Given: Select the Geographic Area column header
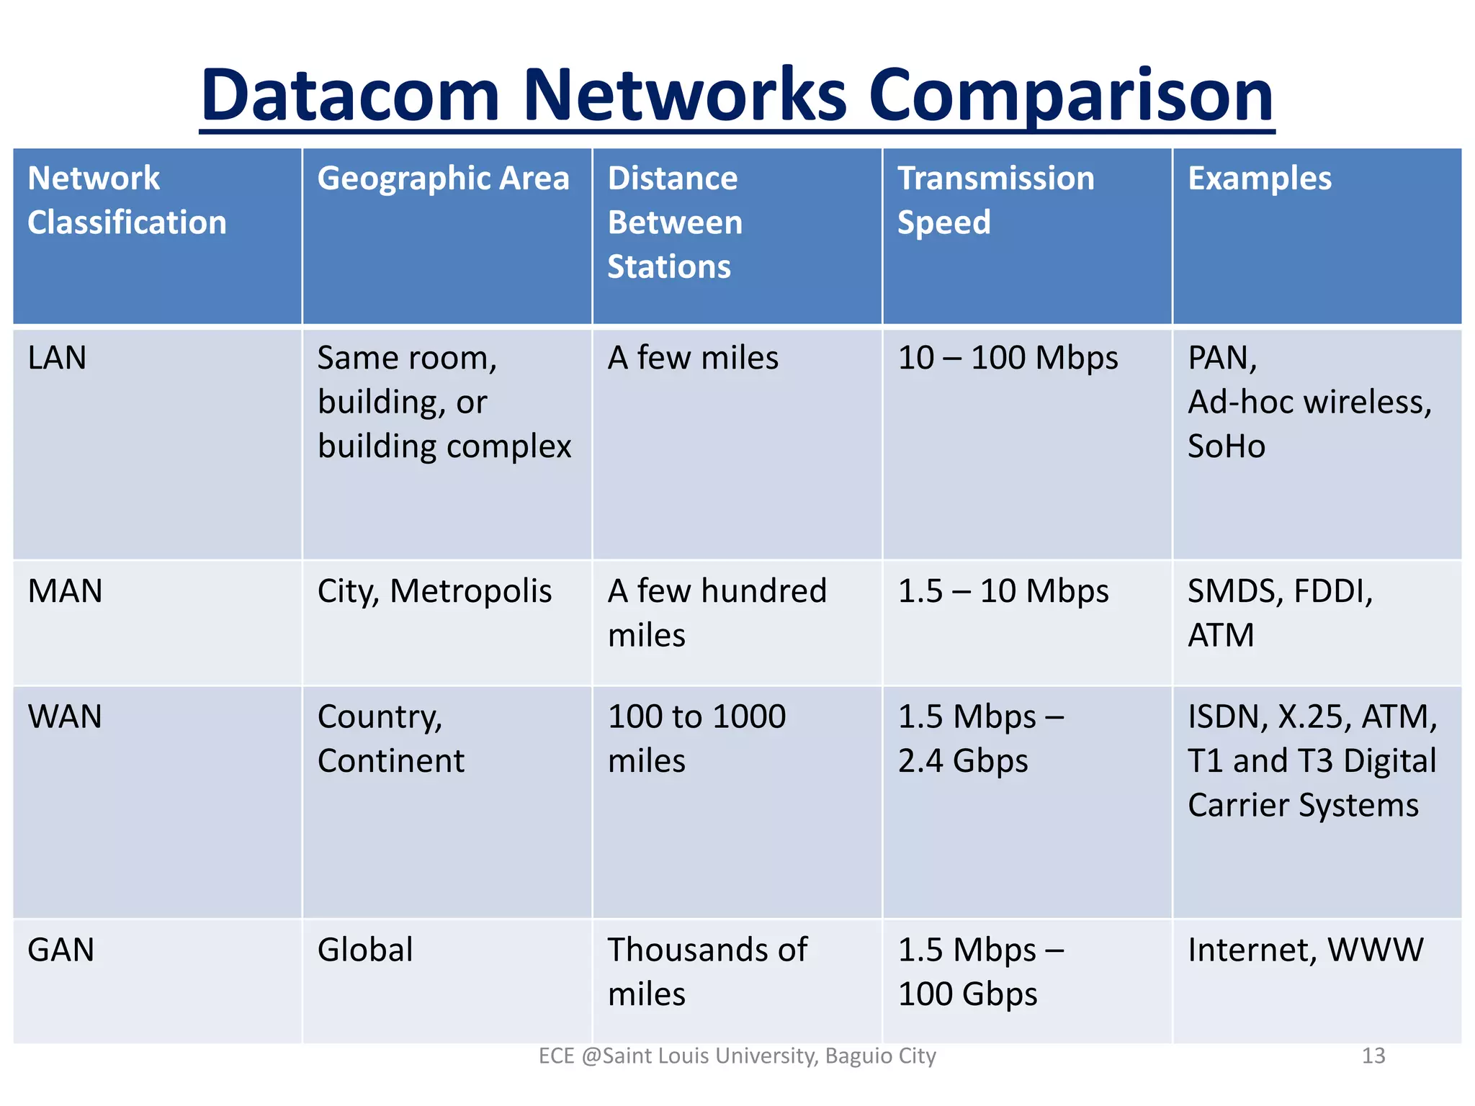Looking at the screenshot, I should tap(443, 179).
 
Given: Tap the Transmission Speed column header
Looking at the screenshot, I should tap(995, 200).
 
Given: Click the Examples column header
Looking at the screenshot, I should tap(1259, 179).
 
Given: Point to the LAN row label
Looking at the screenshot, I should tap(57, 358).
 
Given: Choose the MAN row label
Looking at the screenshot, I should tap(65, 591).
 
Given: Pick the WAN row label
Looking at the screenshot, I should tap(65, 717).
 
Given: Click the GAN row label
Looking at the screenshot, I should tap(61, 950).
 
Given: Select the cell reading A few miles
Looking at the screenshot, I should tap(693, 358).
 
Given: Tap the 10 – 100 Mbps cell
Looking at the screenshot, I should tap(1008, 358).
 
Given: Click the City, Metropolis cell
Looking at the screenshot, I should tap(434, 591).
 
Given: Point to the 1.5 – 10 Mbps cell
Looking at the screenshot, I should tap(1003, 591).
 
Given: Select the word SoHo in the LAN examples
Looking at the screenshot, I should tap(1227, 446).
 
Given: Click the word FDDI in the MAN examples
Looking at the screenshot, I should tap(1332, 591).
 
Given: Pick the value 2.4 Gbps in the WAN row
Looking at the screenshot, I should tap(963, 761).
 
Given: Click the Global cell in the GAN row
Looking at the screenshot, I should tap(365, 950).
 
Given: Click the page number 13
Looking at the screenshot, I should tap(1373, 1056).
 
